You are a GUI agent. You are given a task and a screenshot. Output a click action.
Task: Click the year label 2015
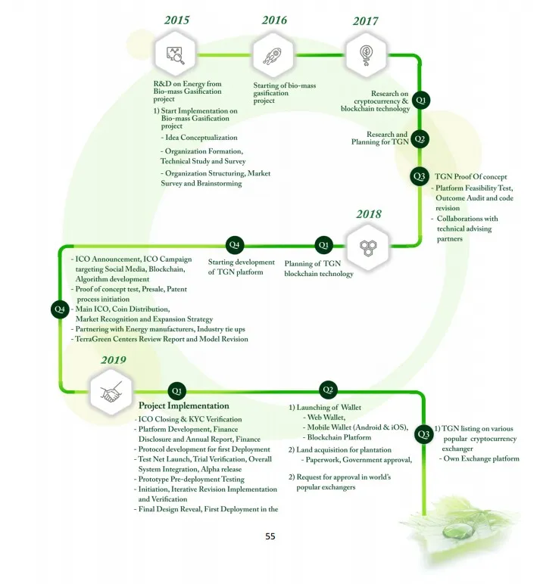click(176, 20)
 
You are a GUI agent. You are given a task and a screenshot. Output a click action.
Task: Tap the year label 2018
click(369, 214)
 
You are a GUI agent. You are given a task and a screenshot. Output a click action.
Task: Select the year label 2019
click(114, 360)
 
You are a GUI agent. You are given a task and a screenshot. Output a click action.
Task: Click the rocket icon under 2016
click(273, 56)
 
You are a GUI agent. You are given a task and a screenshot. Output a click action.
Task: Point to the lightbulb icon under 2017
click(367, 55)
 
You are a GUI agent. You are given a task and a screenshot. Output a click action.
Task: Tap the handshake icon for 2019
click(111, 392)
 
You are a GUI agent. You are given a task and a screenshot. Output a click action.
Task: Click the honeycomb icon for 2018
click(368, 247)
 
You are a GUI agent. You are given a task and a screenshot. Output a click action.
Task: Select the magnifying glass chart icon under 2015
click(175, 55)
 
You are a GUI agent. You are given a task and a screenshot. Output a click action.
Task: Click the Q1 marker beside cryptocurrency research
click(420, 100)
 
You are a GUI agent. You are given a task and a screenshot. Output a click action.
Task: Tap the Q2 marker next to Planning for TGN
click(420, 139)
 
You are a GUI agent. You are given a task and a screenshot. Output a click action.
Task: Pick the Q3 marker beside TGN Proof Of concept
click(419, 176)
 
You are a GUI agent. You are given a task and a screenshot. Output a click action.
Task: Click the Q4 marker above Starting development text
click(234, 244)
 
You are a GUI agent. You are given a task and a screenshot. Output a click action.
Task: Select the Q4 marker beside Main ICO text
click(60, 309)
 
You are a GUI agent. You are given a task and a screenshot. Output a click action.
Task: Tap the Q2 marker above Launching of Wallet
click(328, 390)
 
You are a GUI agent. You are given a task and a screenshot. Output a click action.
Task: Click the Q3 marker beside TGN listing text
click(423, 434)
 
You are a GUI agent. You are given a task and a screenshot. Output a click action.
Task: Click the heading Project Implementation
click(184, 405)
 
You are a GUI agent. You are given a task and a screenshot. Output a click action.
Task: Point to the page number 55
click(270, 536)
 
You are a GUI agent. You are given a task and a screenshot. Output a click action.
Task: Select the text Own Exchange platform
click(481, 458)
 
